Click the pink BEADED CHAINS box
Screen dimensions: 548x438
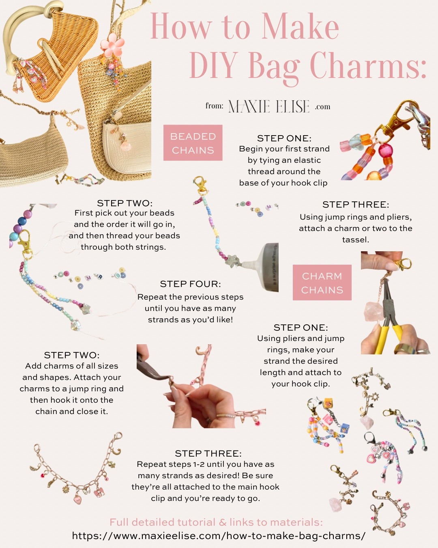[193, 143]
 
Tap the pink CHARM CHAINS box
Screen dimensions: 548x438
[322, 283]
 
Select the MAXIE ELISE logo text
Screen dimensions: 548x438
[269, 106]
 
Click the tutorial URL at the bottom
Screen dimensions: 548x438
[219, 536]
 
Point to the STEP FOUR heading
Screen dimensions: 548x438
[190, 284]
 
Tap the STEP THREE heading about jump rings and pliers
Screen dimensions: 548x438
[355, 205]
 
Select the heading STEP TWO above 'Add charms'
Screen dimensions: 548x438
[71, 355]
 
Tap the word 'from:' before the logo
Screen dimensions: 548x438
[214, 106]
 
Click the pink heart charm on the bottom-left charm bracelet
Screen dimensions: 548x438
[78, 499]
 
